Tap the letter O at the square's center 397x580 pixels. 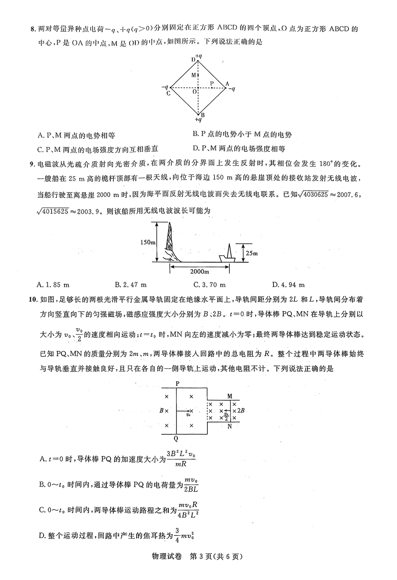tap(194, 92)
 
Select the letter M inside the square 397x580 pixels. tap(193, 75)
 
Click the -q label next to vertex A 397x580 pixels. tap(232, 88)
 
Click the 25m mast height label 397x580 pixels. tap(252, 253)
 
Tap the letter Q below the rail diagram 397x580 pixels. tap(176, 439)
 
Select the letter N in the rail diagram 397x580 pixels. tap(230, 427)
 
